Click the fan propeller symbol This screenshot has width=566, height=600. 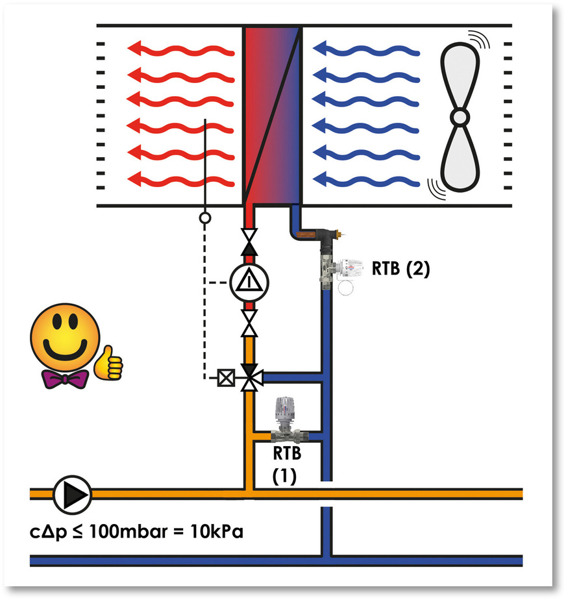click(460, 117)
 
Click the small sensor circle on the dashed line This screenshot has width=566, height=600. click(204, 218)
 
